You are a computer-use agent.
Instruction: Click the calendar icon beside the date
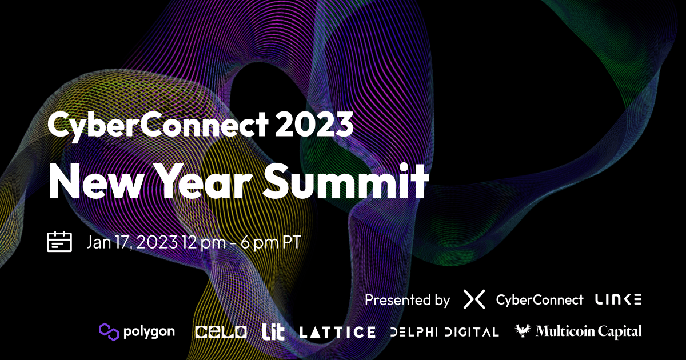click(59, 242)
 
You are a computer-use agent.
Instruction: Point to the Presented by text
click(407, 299)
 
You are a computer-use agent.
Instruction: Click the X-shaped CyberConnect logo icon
click(474, 299)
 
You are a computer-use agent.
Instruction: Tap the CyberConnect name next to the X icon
click(540, 299)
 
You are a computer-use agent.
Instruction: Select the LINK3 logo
click(618, 299)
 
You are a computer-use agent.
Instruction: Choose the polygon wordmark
click(148, 331)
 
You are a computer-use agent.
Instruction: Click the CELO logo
click(221, 331)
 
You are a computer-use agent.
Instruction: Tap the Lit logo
click(273, 331)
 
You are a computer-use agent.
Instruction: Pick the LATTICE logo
click(337, 331)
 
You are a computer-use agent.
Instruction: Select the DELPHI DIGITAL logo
click(444, 331)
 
